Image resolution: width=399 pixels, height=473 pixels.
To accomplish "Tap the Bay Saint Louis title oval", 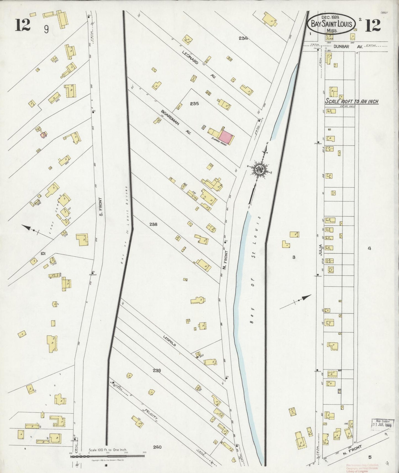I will tap(331, 24).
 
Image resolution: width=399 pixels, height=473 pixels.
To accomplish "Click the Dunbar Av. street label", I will tap(341, 47).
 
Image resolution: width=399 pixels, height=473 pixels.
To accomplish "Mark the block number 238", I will tap(153, 224).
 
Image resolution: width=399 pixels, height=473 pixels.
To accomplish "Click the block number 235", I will tap(194, 103).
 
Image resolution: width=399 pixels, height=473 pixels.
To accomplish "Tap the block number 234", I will tap(243, 38).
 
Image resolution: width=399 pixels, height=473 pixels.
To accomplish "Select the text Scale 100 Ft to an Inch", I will tap(352, 102).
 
